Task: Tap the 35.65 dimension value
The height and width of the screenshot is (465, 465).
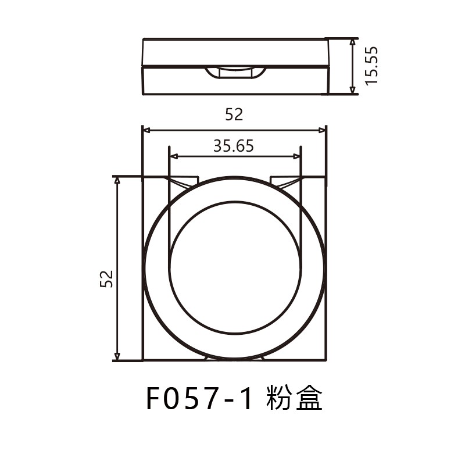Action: pyautogui.click(x=234, y=146)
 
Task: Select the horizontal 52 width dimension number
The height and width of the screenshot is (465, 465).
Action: pyautogui.click(x=234, y=115)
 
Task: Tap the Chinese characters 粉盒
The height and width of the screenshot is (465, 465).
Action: pyautogui.click(x=294, y=399)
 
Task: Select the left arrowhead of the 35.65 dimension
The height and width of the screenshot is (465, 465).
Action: pyautogui.click(x=173, y=156)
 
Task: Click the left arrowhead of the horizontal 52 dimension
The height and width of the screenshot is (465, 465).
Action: pyautogui.click(x=146, y=131)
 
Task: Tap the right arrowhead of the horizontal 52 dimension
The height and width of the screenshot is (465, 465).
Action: pyautogui.click(x=323, y=131)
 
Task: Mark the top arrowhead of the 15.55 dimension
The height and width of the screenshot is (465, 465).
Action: pyautogui.click(x=352, y=42)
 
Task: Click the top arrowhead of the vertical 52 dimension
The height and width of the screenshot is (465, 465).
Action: pyautogui.click(x=117, y=180)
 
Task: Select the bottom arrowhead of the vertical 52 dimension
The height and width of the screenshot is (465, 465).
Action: pyautogui.click(x=117, y=356)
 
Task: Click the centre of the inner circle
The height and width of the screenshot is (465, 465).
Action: pyautogui.click(x=235, y=269)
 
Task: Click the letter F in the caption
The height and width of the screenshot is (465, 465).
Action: pyautogui.click(x=152, y=399)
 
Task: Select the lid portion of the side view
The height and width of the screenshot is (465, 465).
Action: pyautogui.click(x=235, y=52)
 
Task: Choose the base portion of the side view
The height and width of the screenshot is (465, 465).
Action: pyautogui.click(x=235, y=83)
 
